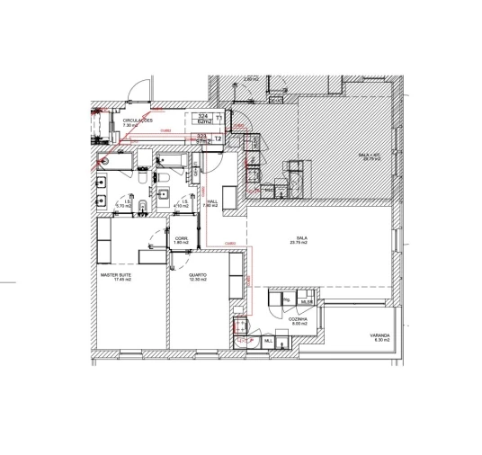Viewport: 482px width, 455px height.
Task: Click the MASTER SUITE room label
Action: pyautogui.click(x=122, y=277)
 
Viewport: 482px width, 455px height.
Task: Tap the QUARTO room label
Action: pyautogui.click(x=198, y=277)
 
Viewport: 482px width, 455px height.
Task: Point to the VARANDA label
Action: pyautogui.click(x=379, y=337)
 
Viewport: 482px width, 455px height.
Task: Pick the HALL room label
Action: pyautogui.click(x=212, y=203)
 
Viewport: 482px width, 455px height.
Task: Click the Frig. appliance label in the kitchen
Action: pyautogui.click(x=286, y=299)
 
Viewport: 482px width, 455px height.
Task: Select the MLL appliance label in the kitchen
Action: pyautogui.click(x=268, y=341)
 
